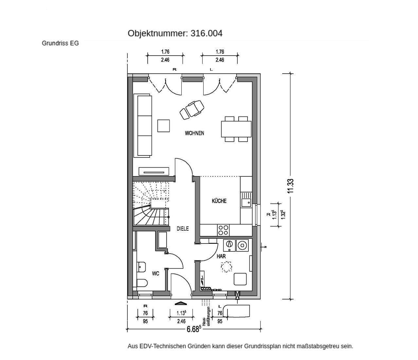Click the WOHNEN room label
point(194,133)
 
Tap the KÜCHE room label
point(219,201)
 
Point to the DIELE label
point(183,228)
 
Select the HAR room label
point(221,256)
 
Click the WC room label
point(155,274)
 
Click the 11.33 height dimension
point(290,186)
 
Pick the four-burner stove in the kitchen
point(223,230)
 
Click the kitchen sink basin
point(246,203)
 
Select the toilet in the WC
point(141,282)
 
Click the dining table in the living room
point(236,129)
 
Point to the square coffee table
point(163,126)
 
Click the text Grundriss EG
point(60,43)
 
